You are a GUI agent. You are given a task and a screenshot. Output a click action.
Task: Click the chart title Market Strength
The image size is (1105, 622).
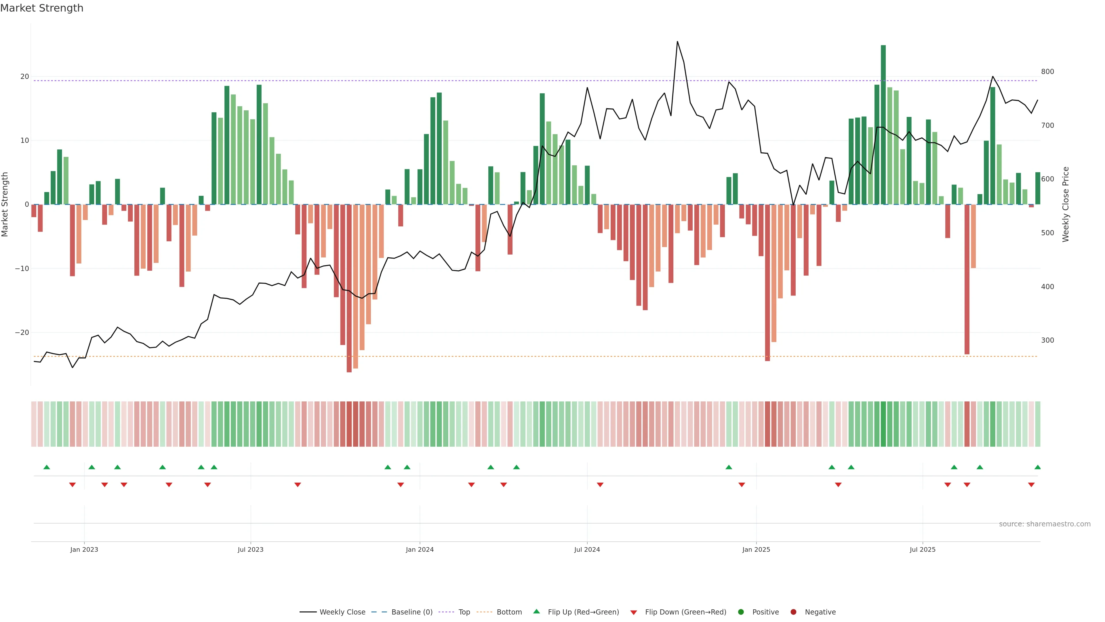coord(42,8)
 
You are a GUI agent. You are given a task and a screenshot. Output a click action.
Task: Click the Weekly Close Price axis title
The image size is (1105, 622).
coord(1066,204)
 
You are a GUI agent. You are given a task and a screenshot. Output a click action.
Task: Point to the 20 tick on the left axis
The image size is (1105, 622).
coord(24,76)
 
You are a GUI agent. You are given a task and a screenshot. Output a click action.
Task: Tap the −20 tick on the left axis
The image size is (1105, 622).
coord(22,333)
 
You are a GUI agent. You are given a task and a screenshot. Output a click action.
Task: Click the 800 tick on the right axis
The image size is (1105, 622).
coord(1047,72)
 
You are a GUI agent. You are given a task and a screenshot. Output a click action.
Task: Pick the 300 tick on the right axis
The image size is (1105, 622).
coord(1047,340)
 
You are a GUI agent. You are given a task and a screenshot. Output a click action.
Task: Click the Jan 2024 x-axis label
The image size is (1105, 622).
coord(420,549)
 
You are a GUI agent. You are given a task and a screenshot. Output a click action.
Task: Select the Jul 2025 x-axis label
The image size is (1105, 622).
coord(922,549)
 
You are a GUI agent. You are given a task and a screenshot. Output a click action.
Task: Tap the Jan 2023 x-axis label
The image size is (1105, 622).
coord(84,549)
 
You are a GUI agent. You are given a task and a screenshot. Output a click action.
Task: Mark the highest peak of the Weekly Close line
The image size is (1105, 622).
coord(677,42)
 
